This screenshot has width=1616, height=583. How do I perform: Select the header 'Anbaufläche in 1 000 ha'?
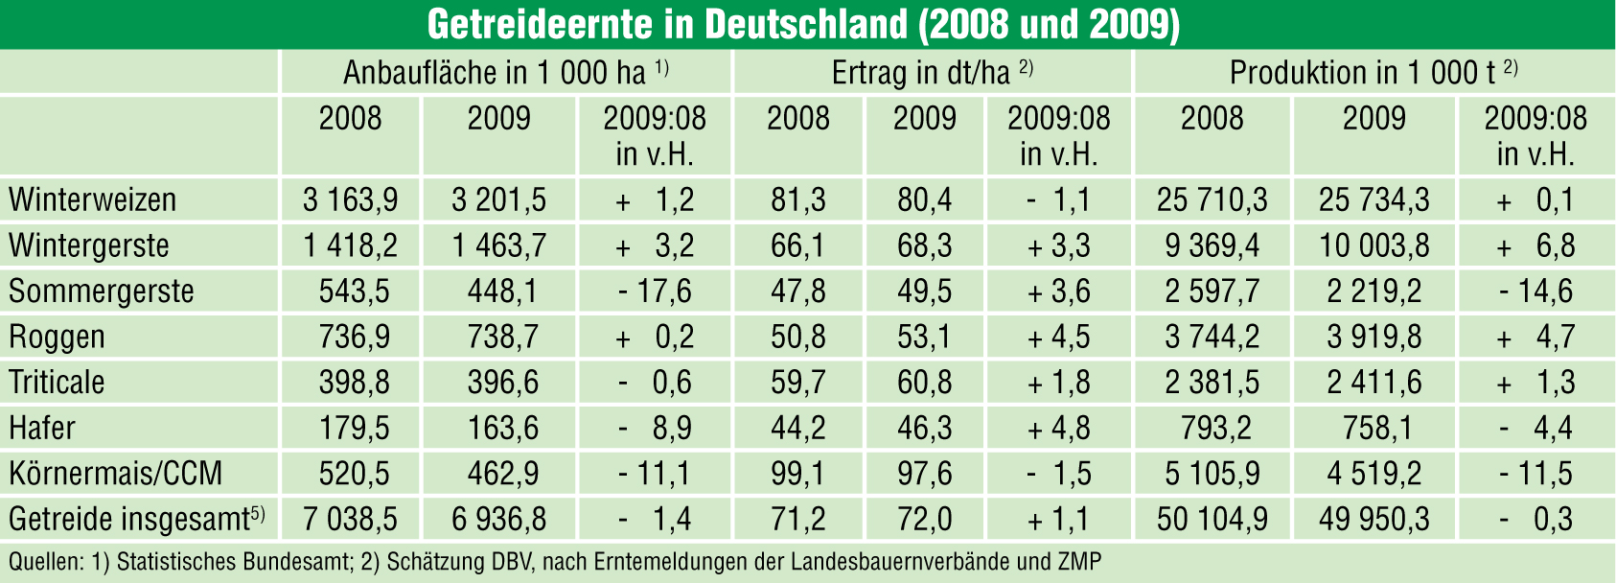point(495,73)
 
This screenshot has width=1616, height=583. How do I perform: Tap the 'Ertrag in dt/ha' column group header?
point(921,73)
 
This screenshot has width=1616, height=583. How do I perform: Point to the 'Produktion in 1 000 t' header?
point(1362,73)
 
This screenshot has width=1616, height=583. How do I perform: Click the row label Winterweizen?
point(92,200)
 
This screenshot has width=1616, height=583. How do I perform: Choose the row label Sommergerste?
point(101,291)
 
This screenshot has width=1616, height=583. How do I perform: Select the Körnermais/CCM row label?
point(115,474)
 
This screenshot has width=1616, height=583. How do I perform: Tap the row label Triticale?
point(57,383)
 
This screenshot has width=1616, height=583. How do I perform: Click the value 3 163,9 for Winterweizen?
point(350,200)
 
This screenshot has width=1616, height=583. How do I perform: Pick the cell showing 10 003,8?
point(1374,246)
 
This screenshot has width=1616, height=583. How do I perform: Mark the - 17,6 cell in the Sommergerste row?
point(655,291)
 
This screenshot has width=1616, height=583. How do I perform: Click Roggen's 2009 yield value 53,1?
point(924,338)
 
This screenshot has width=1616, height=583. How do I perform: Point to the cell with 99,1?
point(797,474)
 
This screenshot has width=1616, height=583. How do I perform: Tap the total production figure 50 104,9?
point(1212,520)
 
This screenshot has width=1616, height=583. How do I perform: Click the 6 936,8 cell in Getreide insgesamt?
point(498,520)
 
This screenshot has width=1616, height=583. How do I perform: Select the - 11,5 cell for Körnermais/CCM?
point(1535,474)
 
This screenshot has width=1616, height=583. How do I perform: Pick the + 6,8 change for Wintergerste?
point(1535,246)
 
